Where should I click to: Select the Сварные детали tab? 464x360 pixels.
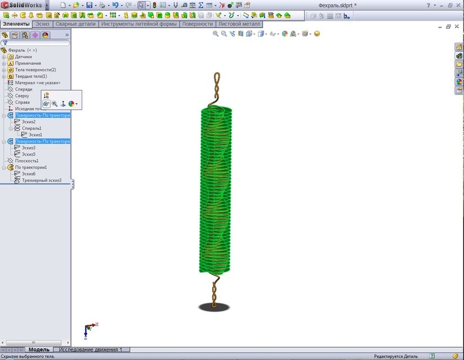75,24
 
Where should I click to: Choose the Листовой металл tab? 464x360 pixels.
239,24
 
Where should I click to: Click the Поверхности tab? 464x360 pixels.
198,24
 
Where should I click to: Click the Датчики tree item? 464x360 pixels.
23,57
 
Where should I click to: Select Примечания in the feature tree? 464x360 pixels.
28,64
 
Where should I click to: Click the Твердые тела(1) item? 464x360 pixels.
30,76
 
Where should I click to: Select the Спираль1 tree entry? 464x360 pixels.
32,128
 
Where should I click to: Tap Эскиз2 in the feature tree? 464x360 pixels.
29,122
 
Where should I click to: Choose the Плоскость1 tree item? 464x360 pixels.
26,161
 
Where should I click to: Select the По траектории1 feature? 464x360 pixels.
30,167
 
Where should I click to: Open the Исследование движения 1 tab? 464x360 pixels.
90,350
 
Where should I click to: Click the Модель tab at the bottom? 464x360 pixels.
39,350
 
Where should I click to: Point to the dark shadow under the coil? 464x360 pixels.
214,307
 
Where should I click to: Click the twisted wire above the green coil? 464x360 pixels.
216,87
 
